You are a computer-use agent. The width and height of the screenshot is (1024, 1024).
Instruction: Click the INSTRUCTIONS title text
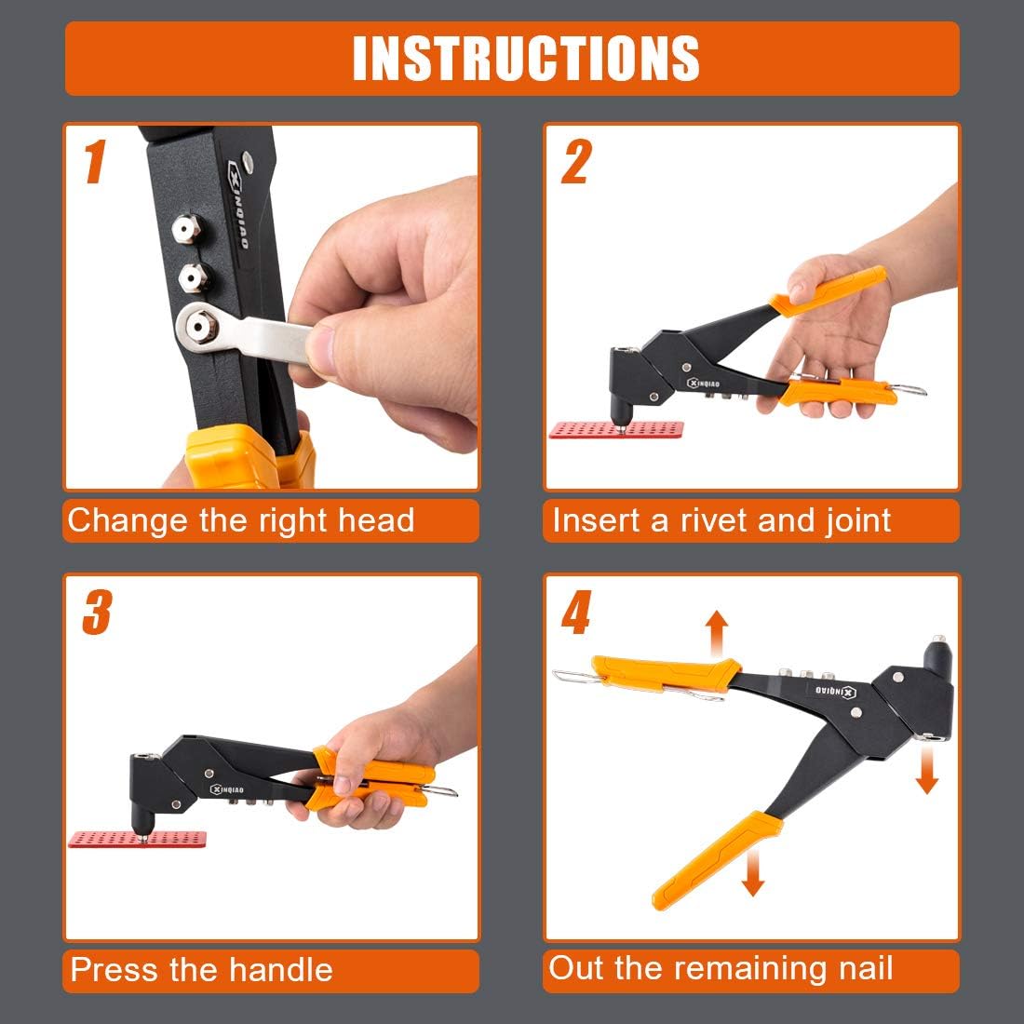pyautogui.click(x=525, y=58)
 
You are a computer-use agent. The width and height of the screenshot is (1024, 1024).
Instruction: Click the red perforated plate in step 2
pyautogui.click(x=615, y=430)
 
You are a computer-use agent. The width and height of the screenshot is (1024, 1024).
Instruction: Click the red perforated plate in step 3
pyautogui.click(x=136, y=839)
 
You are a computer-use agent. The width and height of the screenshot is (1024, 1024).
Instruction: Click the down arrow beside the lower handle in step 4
pyautogui.click(x=753, y=870)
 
